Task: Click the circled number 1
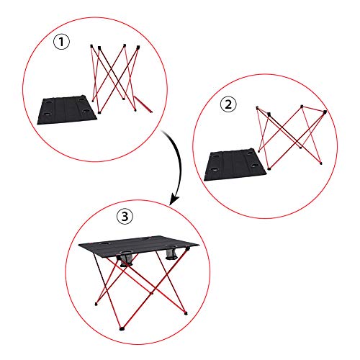63,41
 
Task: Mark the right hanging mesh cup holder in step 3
173,254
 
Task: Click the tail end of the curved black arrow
163,130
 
